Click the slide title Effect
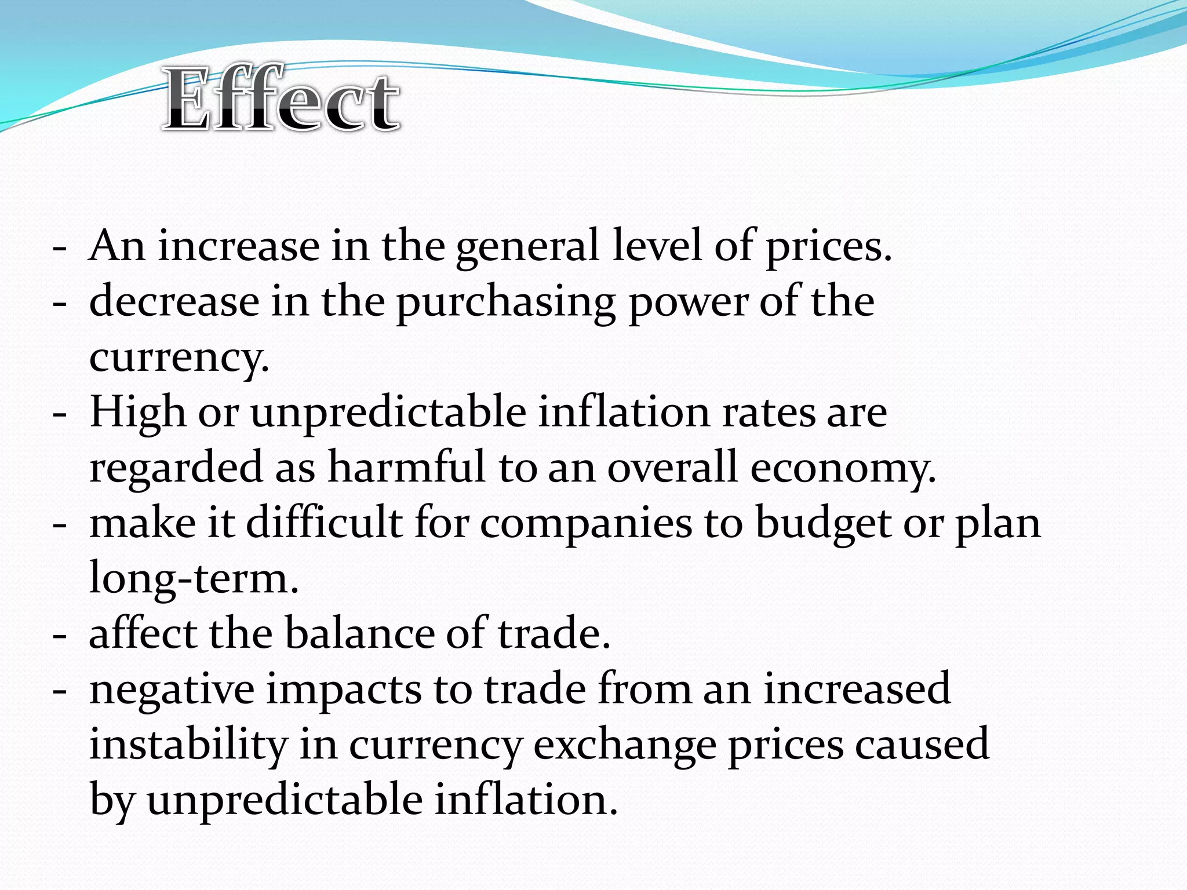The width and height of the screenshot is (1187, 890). pyautogui.click(x=281, y=99)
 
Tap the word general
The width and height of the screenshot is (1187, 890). pyautogui.click(x=527, y=247)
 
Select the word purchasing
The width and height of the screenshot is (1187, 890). pyautogui.click(x=505, y=302)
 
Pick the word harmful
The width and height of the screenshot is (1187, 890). pyautogui.click(x=406, y=467)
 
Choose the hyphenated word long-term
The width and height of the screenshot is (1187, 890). pyautogui.click(x=194, y=578)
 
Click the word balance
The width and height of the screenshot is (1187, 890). pyautogui.click(x=359, y=633)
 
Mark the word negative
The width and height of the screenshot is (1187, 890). pyautogui.click(x=172, y=690)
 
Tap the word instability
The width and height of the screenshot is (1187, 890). pyautogui.click(x=188, y=745)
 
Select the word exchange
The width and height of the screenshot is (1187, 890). pyautogui.click(x=625, y=745)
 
